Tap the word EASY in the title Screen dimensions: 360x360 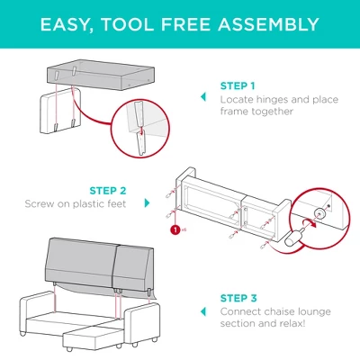pyautogui.click(x=67, y=23)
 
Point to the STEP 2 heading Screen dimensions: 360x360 pyautogui.click(x=108, y=191)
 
